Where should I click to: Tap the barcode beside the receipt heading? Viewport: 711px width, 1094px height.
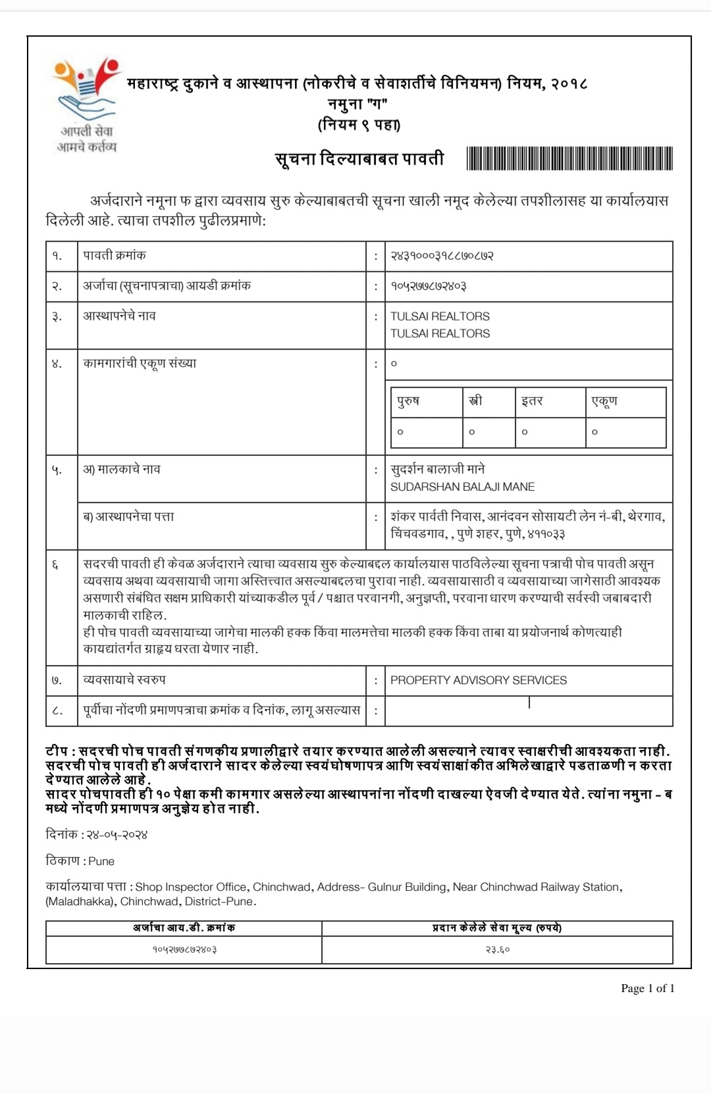tap(569, 159)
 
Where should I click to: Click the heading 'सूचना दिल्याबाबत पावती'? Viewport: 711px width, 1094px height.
tap(359, 159)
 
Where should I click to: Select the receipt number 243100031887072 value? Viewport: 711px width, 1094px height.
tap(442, 255)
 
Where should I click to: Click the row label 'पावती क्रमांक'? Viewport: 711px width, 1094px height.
tap(115, 255)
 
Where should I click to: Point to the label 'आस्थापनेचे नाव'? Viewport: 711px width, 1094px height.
tap(119, 316)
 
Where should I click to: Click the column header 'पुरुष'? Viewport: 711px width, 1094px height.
tap(409, 401)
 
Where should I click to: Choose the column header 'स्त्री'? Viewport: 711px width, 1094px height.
tap(475, 401)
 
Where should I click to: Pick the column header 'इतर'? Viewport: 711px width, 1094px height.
tap(532, 401)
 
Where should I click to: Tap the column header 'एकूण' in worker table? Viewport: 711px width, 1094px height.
tap(604, 401)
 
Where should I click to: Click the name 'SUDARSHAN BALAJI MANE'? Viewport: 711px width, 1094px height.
tap(462, 487)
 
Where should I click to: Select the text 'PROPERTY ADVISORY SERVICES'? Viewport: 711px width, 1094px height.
tap(478, 680)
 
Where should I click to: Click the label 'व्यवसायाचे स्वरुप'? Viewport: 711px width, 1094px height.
tap(124, 680)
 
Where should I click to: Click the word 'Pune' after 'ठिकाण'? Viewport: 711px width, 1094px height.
tap(101, 861)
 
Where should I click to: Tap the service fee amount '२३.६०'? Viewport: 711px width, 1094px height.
tap(497, 949)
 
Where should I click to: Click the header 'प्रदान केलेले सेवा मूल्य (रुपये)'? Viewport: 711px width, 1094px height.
tap(497, 928)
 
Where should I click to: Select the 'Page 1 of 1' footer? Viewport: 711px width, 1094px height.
tap(648, 988)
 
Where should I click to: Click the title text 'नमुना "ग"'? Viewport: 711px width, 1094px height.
tap(357, 104)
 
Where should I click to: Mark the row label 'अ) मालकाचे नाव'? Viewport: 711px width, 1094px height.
tap(122, 470)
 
